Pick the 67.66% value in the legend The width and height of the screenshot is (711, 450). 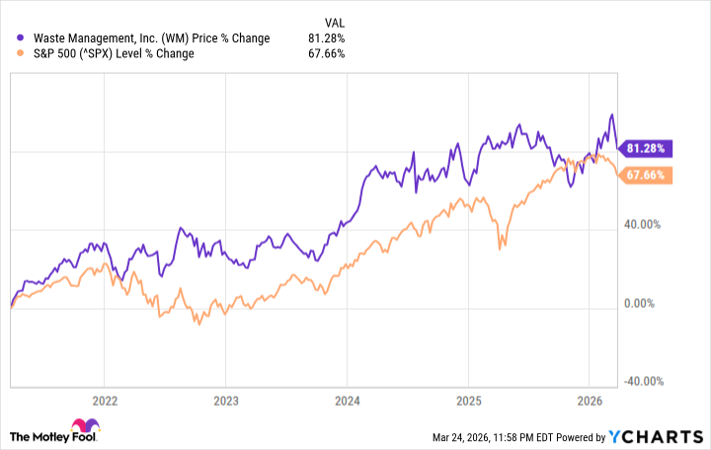(325, 53)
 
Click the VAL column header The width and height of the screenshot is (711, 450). (334, 20)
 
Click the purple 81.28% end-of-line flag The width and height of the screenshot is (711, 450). (647, 148)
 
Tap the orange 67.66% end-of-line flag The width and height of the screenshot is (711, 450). (647, 177)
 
